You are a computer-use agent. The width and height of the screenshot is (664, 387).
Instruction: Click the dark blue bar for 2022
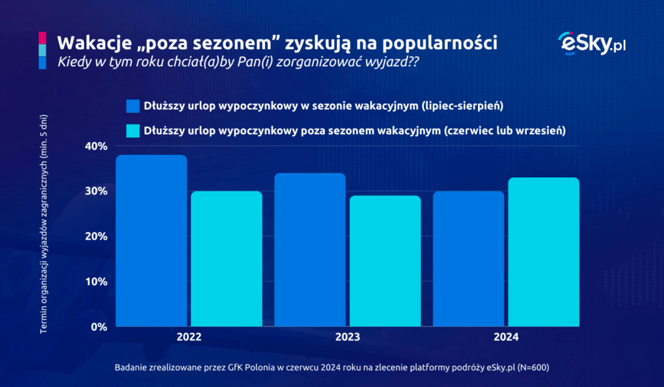(x=151, y=241)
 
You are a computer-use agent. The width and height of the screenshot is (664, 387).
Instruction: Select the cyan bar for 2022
(x=226, y=259)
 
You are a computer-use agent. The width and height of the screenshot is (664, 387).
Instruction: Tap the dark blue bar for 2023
(x=309, y=249)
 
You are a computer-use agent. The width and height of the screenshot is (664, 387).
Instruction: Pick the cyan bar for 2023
(x=385, y=261)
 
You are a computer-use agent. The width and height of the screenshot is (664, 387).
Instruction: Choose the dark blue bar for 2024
(x=468, y=259)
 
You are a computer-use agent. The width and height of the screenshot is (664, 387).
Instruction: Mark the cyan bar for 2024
(x=544, y=251)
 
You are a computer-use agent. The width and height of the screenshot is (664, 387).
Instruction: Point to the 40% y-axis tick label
(x=96, y=146)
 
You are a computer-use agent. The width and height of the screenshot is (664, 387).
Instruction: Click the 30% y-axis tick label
(x=96, y=192)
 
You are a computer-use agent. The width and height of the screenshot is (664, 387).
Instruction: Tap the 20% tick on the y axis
(x=96, y=237)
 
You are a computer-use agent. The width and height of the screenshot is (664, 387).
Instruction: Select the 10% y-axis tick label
(x=96, y=282)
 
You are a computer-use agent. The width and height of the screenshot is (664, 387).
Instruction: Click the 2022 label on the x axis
(x=189, y=339)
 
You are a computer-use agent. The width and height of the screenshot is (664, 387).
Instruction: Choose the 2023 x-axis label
(x=347, y=339)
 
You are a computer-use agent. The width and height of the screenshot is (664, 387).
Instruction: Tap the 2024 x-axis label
(x=506, y=339)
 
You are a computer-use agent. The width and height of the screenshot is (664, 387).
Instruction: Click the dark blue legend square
(x=132, y=106)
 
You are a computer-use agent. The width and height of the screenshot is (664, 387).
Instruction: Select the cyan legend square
(x=132, y=131)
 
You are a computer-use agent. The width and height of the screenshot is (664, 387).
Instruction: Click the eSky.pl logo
(x=591, y=44)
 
